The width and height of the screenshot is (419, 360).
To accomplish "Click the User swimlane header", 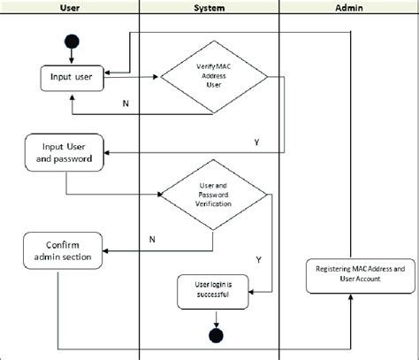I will point(71,8).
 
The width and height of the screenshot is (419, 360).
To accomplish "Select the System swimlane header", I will point(209,8).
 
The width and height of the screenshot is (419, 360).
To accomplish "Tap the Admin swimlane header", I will point(347,8).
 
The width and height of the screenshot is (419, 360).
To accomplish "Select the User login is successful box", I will point(213,289).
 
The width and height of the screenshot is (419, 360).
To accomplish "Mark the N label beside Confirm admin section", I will point(152,238).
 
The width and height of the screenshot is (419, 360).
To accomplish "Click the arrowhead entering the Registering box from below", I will point(352,298).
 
